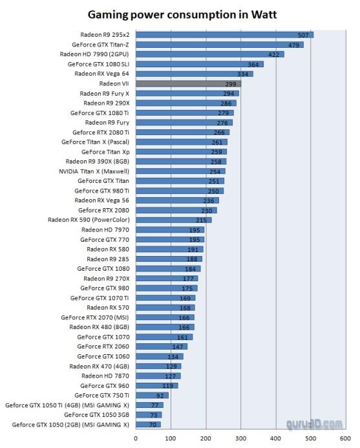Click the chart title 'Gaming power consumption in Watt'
pos(182,14)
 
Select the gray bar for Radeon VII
pos(189,83)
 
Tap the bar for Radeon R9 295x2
pos(224,35)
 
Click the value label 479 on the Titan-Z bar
pos(293,45)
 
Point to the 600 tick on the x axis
pos(345,438)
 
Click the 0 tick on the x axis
pos(136,438)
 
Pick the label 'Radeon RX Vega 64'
pos(101,74)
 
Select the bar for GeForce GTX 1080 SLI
pos(200,64)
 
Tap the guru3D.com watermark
pos(314,425)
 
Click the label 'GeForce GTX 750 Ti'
pos(101,396)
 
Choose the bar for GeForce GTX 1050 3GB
pos(149,415)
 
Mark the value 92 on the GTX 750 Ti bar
pos(160,396)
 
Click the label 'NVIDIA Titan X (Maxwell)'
pos(94,171)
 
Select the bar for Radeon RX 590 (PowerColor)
pos(174,220)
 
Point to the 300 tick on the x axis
pos(240,438)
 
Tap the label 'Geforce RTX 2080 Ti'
pos(101,133)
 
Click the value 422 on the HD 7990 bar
pos(273,54)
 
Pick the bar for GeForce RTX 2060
pos(162,347)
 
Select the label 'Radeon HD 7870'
pos(105,376)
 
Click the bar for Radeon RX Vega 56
pos(177,200)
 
